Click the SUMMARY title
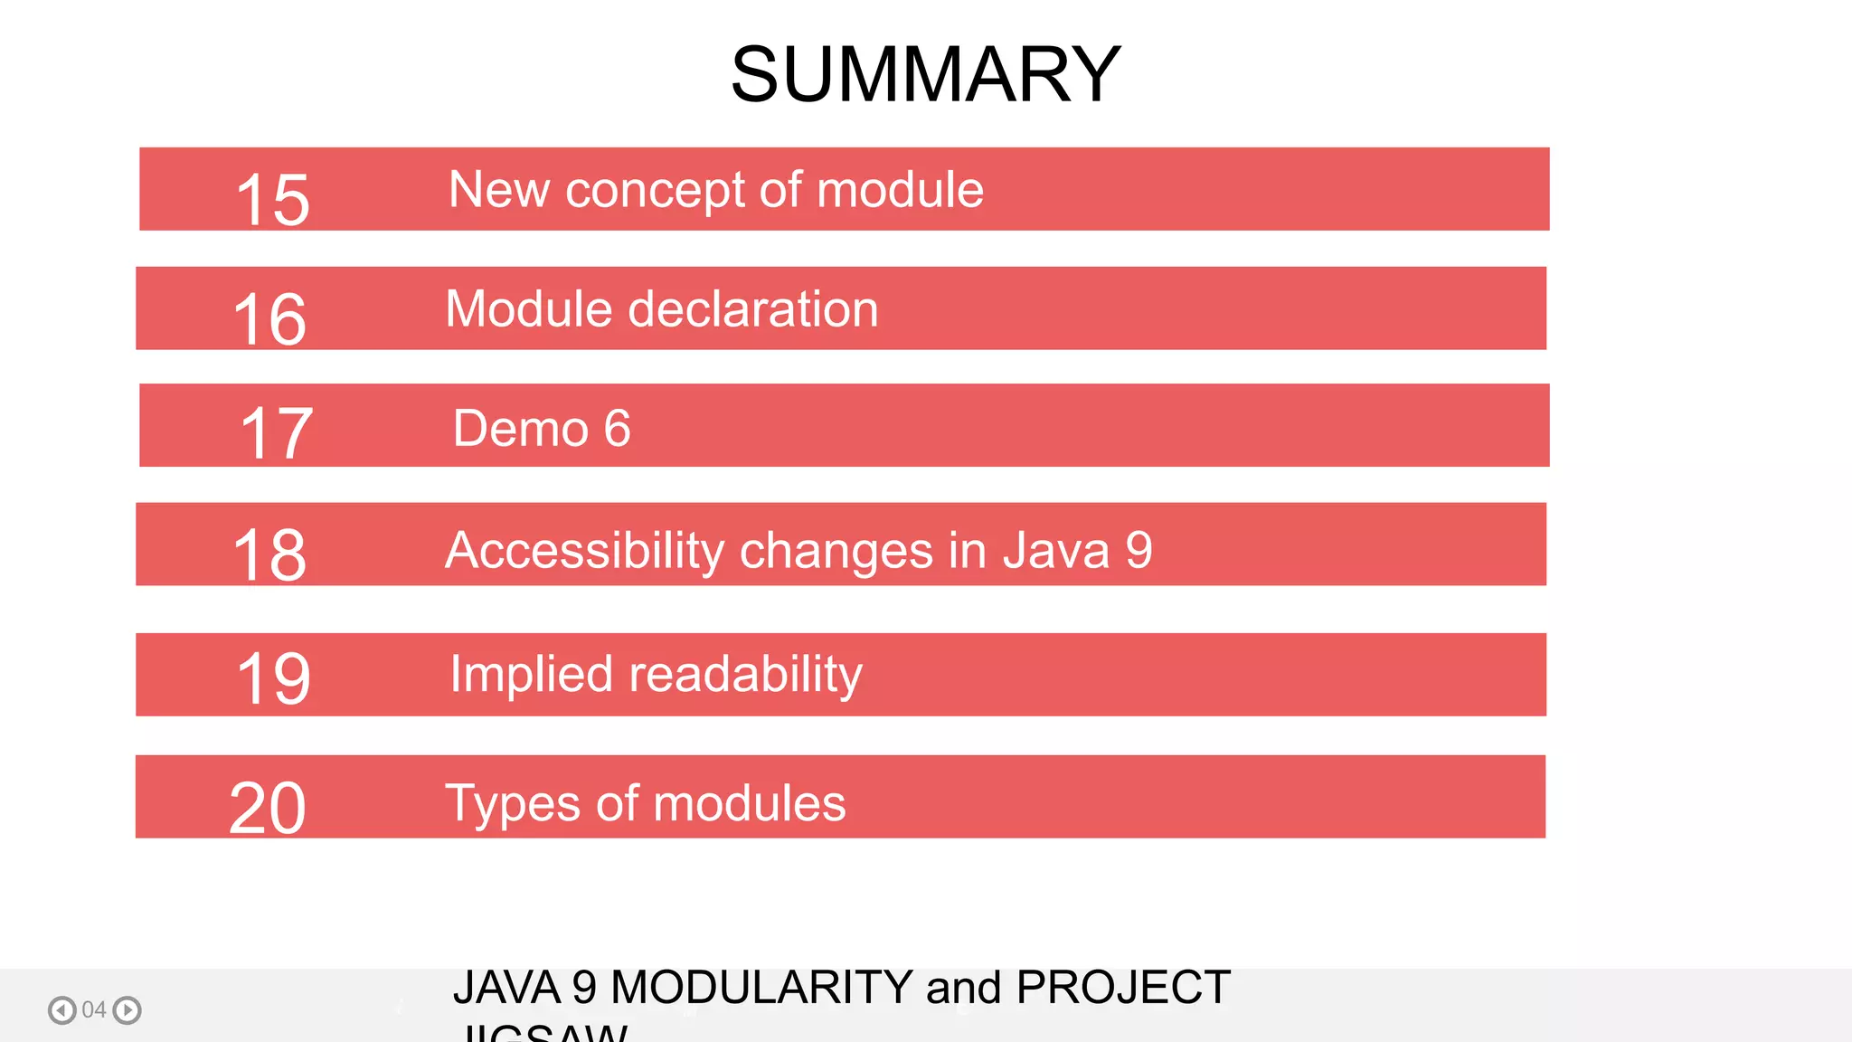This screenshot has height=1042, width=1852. [925, 74]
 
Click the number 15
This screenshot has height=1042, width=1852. [272, 199]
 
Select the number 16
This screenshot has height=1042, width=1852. [269, 318]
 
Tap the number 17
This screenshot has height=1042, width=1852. [276, 434]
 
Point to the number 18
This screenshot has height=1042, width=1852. [269, 554]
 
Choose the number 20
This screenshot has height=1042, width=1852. [268, 807]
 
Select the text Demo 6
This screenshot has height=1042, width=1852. [541, 428]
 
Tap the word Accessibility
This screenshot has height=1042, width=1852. [584, 550]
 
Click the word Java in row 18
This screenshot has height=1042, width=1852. [1055, 550]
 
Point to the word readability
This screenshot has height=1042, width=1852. [745, 675]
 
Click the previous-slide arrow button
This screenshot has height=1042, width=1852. [61, 1009]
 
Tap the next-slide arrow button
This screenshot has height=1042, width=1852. [128, 1009]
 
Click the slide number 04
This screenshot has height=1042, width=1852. [94, 1009]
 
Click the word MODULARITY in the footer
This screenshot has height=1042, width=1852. [761, 987]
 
